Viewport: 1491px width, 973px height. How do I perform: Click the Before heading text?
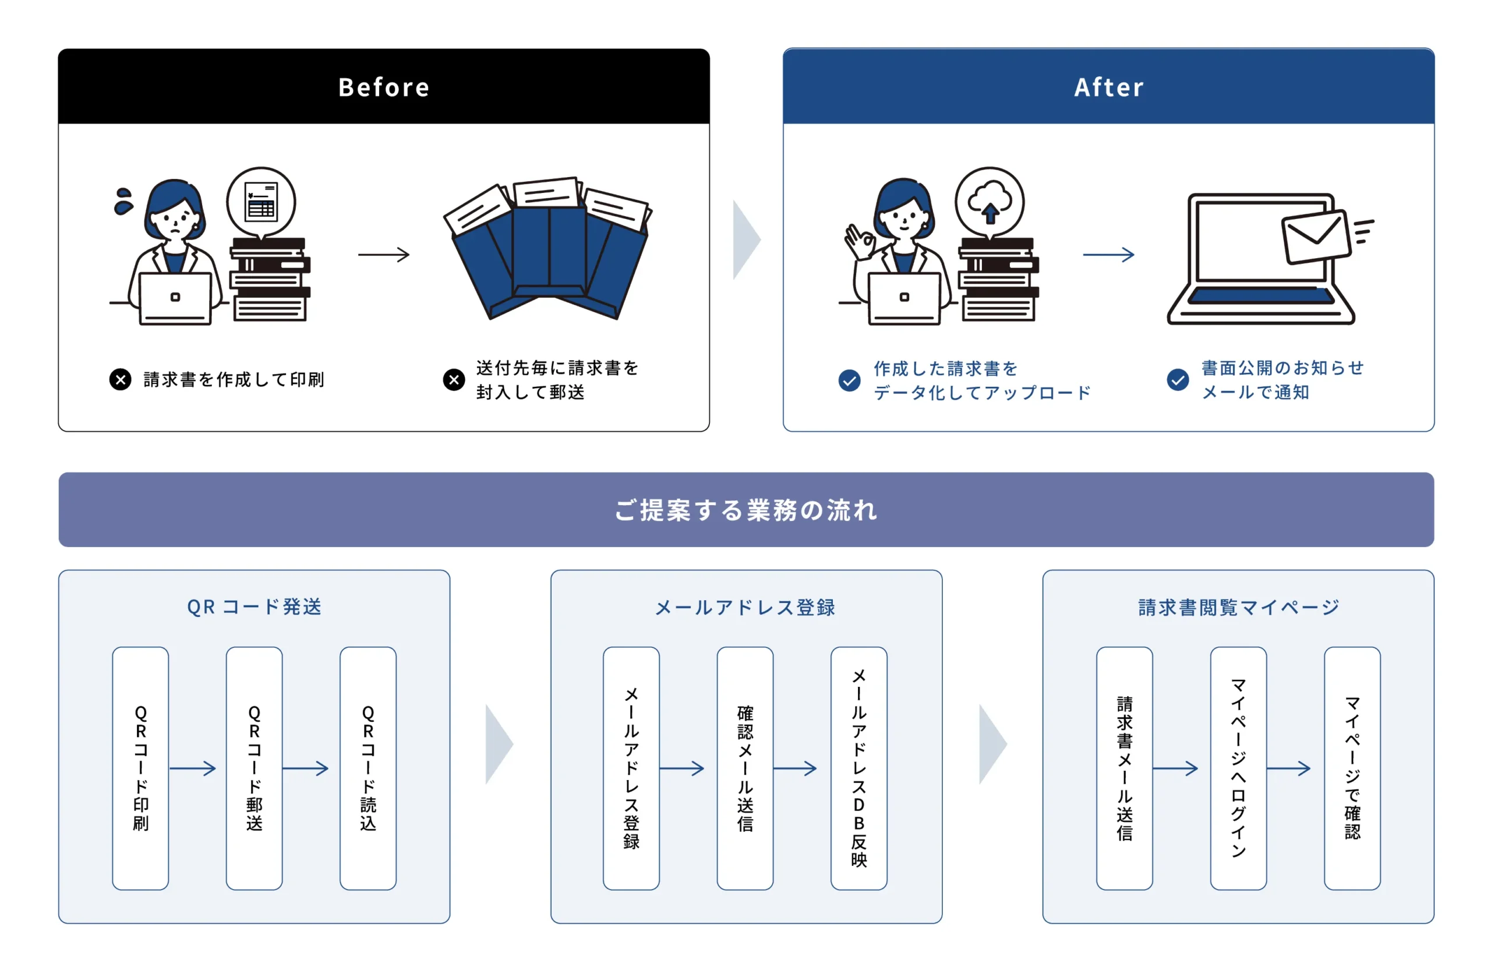click(x=383, y=87)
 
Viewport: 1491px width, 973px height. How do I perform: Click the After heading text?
click(x=1108, y=87)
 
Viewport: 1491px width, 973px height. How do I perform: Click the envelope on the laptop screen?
click(x=1316, y=236)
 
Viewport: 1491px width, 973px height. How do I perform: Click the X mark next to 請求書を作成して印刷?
click(x=121, y=379)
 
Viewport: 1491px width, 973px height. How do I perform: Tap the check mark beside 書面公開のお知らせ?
click(x=1177, y=379)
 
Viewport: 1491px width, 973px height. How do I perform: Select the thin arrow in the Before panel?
click(x=383, y=255)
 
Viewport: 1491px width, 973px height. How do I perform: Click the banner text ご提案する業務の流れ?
click(x=745, y=509)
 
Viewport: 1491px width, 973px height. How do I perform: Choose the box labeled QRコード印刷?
click(x=140, y=768)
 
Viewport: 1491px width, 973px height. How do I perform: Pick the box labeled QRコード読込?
click(x=368, y=768)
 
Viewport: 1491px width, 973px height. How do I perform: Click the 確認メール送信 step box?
click(x=745, y=768)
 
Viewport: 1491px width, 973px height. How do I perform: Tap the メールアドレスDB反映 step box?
click(x=858, y=768)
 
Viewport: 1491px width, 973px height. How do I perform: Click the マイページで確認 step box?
click(x=1352, y=768)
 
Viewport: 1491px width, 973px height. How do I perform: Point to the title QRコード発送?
click(x=255, y=607)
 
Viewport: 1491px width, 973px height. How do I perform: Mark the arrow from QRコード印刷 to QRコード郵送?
click(x=192, y=768)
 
